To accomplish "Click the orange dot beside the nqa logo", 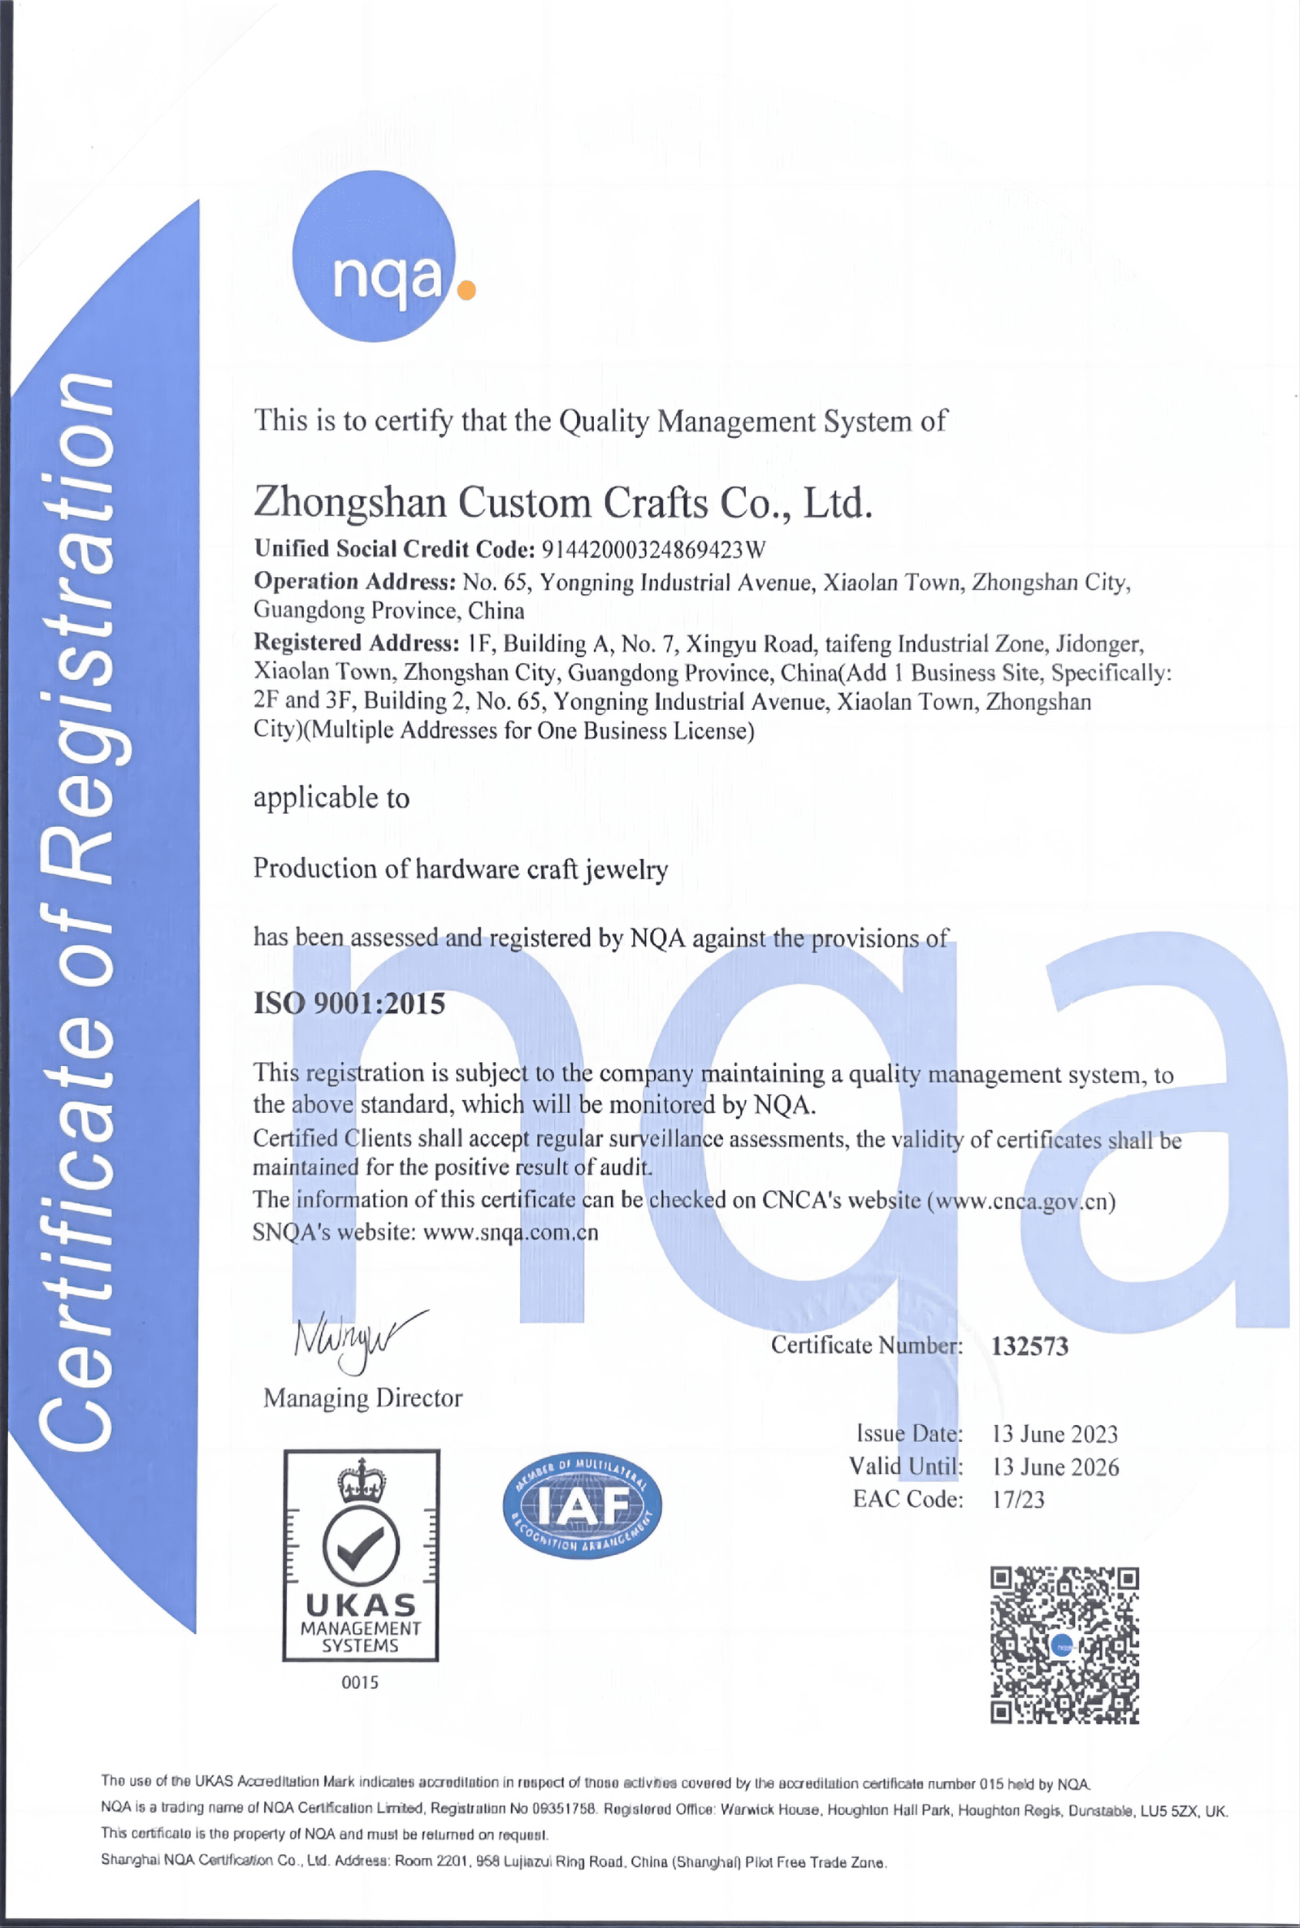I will pos(466,290).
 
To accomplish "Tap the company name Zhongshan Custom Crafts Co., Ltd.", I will pos(563,502).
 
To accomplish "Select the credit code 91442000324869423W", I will pos(652,549).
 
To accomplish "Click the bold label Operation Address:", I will pos(355,581).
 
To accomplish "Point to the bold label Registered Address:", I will pos(357,643).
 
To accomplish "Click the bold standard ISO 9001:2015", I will pos(349,1003).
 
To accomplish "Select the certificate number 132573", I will pos(1029,1346).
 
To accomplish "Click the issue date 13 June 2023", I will pos(1055,1434).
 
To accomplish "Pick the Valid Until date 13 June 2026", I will pos(1055,1467).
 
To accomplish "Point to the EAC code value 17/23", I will pos(1018,1500).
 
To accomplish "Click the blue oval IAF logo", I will pos(582,1506).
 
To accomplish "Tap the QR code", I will pos(1064,1645).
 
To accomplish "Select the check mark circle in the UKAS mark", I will pos(361,1546).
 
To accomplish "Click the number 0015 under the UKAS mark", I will pos(360,1683).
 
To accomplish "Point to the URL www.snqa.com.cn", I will pos(510,1233).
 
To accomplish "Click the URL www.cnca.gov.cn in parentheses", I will pos(1020,1201).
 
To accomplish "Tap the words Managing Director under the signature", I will pos(362,1398).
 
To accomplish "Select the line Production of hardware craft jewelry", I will pos(460,869).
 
